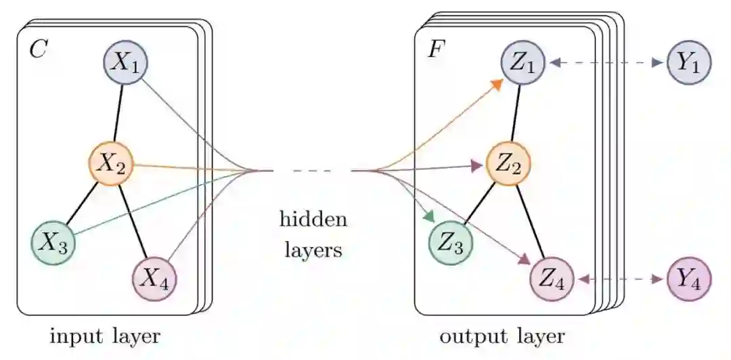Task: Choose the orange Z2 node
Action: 508,164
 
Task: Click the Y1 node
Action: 689,63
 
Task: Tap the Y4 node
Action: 689,279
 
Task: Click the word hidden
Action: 313,220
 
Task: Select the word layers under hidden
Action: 313,250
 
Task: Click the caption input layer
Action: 105,336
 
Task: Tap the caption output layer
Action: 502,336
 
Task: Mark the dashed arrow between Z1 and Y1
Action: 606,63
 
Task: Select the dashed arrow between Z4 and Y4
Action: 620,279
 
